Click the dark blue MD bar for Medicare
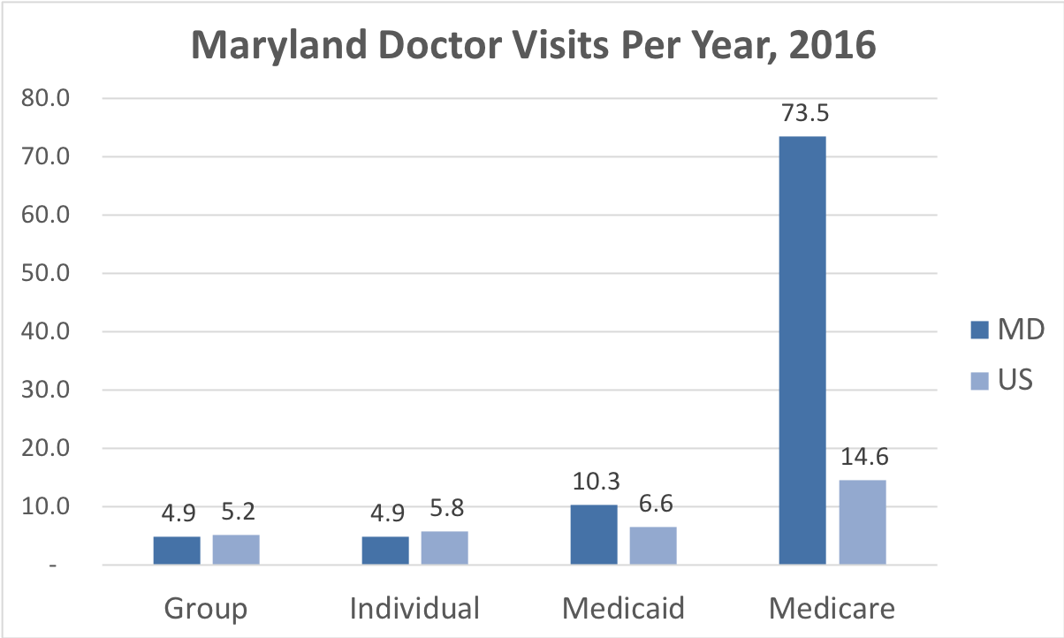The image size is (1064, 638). pyautogui.click(x=802, y=350)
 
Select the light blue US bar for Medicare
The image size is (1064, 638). pyautogui.click(x=862, y=522)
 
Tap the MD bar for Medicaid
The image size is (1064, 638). pyautogui.click(x=594, y=535)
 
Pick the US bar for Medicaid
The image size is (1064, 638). pyautogui.click(x=653, y=545)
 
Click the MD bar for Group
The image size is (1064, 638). pyautogui.click(x=177, y=550)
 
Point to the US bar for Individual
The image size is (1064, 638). pyautogui.click(x=445, y=548)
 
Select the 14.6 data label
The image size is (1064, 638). pyautogui.click(x=862, y=459)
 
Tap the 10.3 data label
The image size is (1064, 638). pyautogui.click(x=594, y=483)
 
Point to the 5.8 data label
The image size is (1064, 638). pyautogui.click(x=445, y=510)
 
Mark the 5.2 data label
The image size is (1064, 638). pyautogui.click(x=236, y=513)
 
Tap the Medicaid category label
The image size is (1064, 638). pyautogui.click(x=623, y=609)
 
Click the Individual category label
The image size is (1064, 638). pyautogui.click(x=414, y=609)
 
